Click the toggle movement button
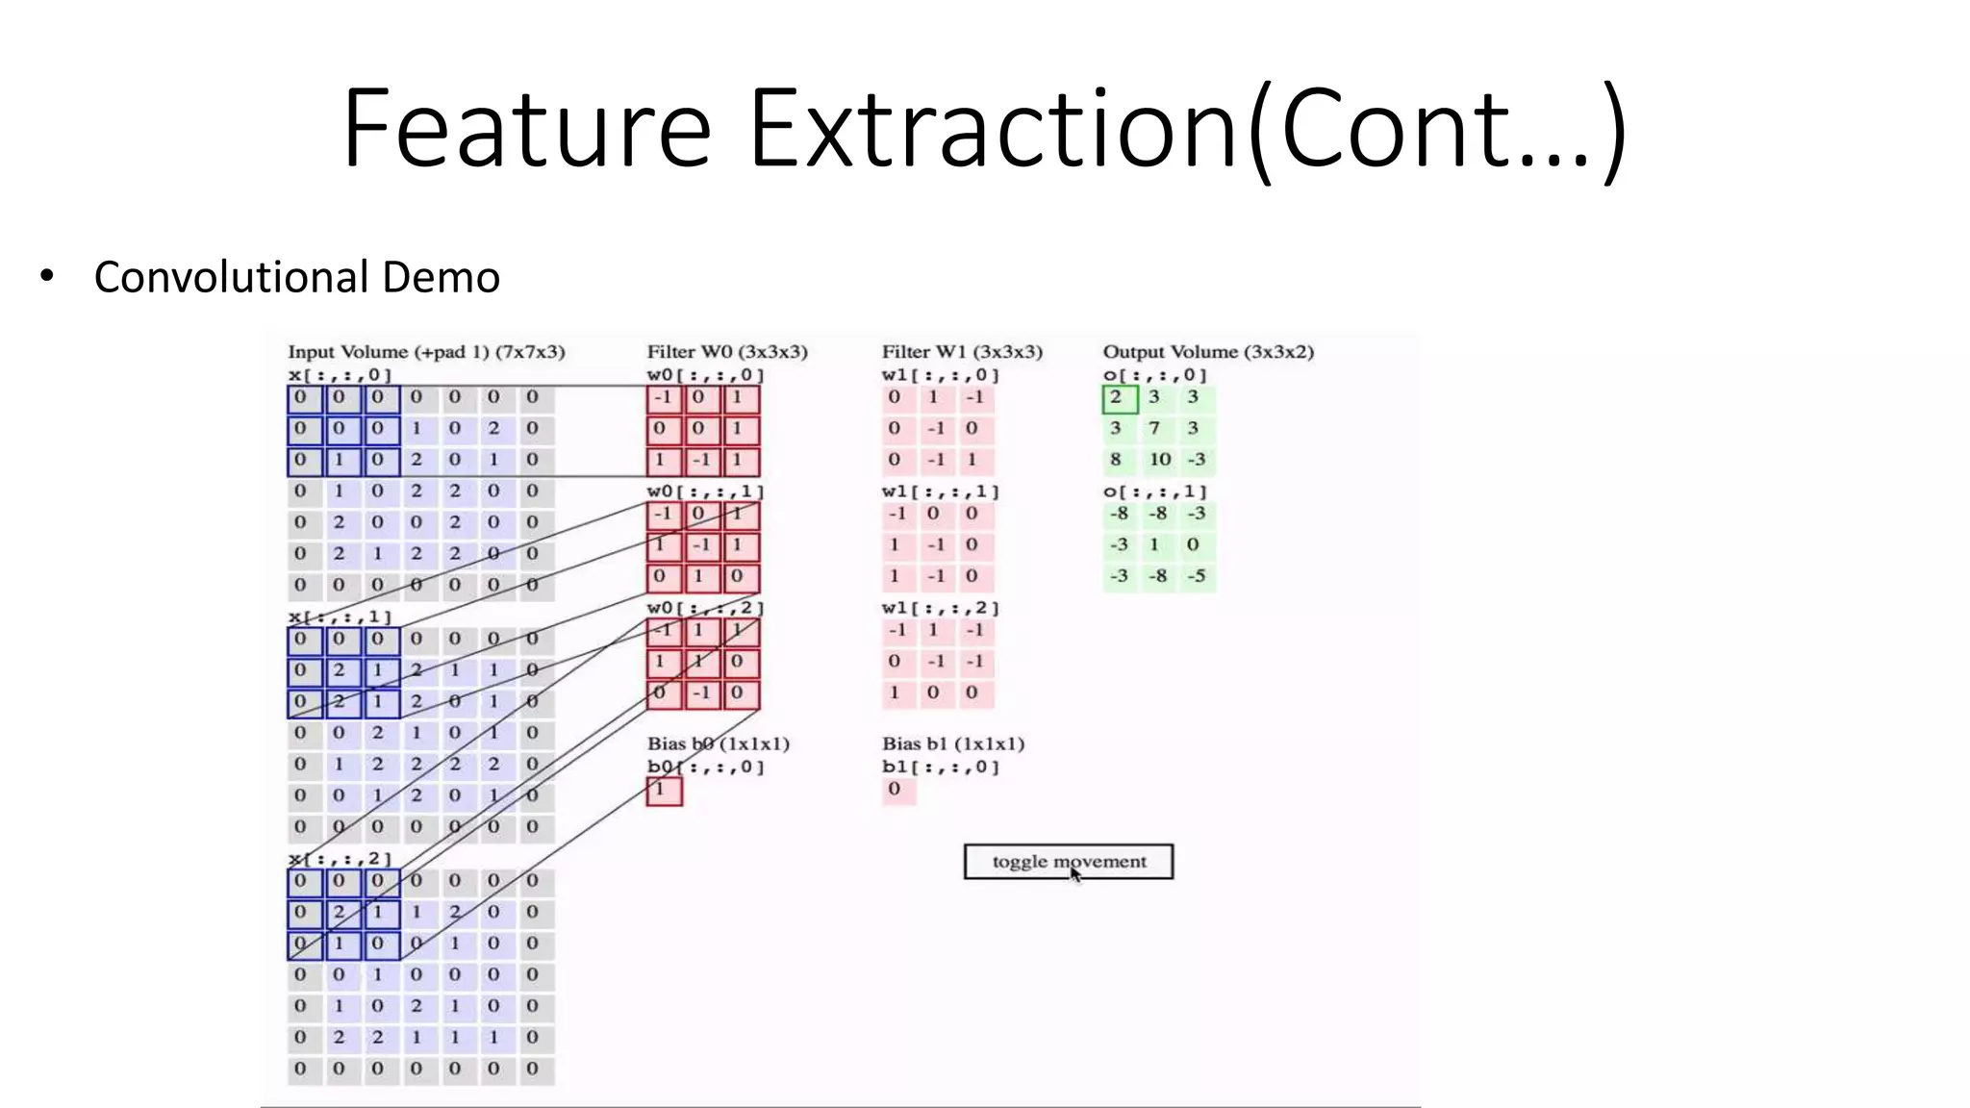tap(1068, 862)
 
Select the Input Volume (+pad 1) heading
tap(426, 352)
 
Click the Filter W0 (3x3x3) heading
tap(727, 352)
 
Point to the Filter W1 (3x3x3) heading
tap(962, 352)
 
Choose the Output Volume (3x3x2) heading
tap(1208, 352)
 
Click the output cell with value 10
tap(1159, 460)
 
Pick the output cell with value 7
tap(1154, 428)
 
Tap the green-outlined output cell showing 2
tap(1119, 397)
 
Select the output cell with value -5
tap(1196, 577)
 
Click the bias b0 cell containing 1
tap(664, 791)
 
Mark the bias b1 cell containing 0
tap(896, 790)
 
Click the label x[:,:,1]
tap(340, 617)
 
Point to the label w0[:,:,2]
tap(705, 608)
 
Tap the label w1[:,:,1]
tap(940, 491)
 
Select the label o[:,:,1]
tap(1154, 491)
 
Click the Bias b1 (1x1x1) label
tap(953, 743)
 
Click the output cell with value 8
tap(1116, 460)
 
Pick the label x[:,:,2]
tap(340, 858)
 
